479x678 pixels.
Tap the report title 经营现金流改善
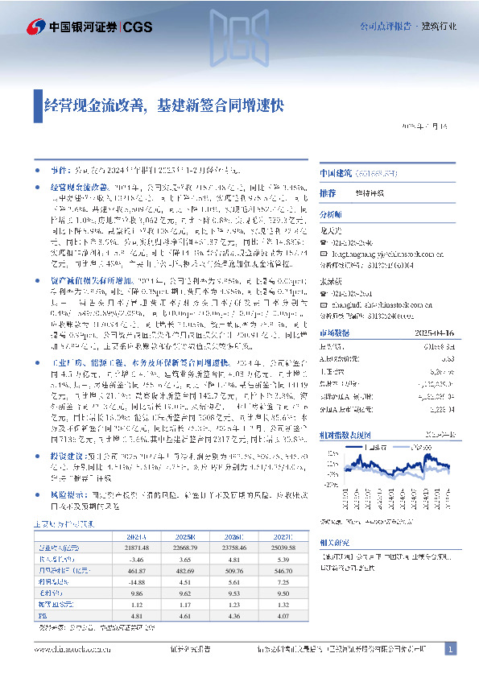(94, 105)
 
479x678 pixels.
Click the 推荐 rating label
(328, 193)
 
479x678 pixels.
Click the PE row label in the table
(42, 616)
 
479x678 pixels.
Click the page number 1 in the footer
(451, 649)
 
